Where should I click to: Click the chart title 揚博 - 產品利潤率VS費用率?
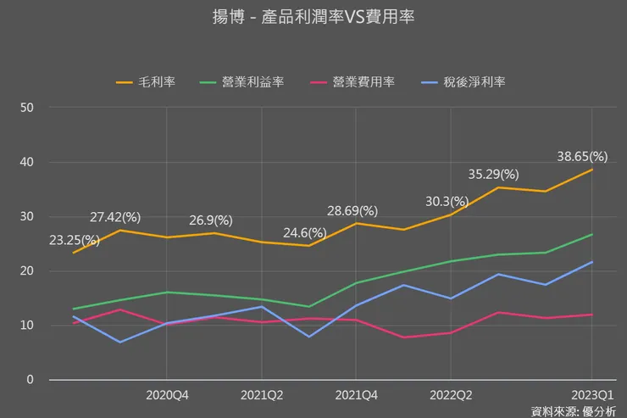[x=313, y=16]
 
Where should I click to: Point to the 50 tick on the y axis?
[x=27, y=108]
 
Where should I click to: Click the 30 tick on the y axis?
[x=27, y=216]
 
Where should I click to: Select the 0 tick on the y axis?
[x=30, y=380]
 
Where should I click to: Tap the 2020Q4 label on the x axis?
[x=167, y=394]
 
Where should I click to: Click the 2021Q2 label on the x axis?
[x=262, y=394]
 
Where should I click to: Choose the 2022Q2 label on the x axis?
[x=450, y=394]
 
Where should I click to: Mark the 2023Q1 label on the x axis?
[x=591, y=394]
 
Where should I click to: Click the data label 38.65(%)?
[x=582, y=156]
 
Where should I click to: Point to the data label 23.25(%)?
[x=75, y=240]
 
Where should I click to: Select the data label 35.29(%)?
[x=493, y=174]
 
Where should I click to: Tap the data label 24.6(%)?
[x=305, y=232]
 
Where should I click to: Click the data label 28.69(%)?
[x=352, y=210]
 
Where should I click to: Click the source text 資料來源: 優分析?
[x=574, y=410]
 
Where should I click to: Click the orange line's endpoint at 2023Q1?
[x=592, y=170]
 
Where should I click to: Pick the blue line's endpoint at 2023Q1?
[x=592, y=262]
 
